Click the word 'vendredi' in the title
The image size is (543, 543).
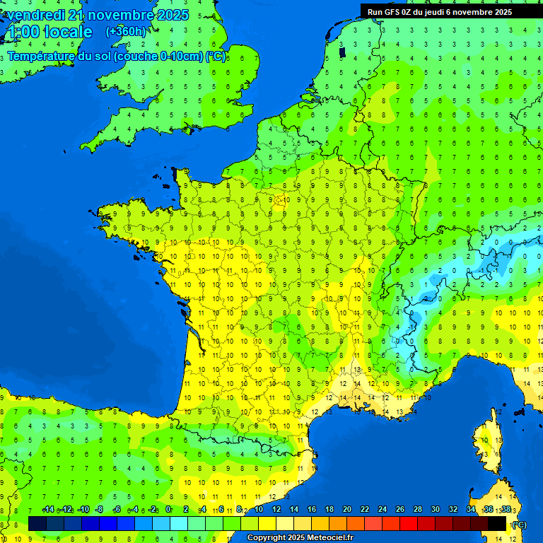35,15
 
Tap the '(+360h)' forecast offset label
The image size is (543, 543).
126,31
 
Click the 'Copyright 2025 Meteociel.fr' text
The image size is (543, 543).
300,538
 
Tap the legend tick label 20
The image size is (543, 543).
346,510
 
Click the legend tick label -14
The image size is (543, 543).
48,510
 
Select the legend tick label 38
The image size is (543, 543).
506,510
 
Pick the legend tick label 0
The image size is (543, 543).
168,510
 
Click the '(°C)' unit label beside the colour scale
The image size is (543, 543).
519,524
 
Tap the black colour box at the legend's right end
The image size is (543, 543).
498,523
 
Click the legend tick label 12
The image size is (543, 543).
276,510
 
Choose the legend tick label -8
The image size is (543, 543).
100,510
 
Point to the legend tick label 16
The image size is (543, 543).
311,510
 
